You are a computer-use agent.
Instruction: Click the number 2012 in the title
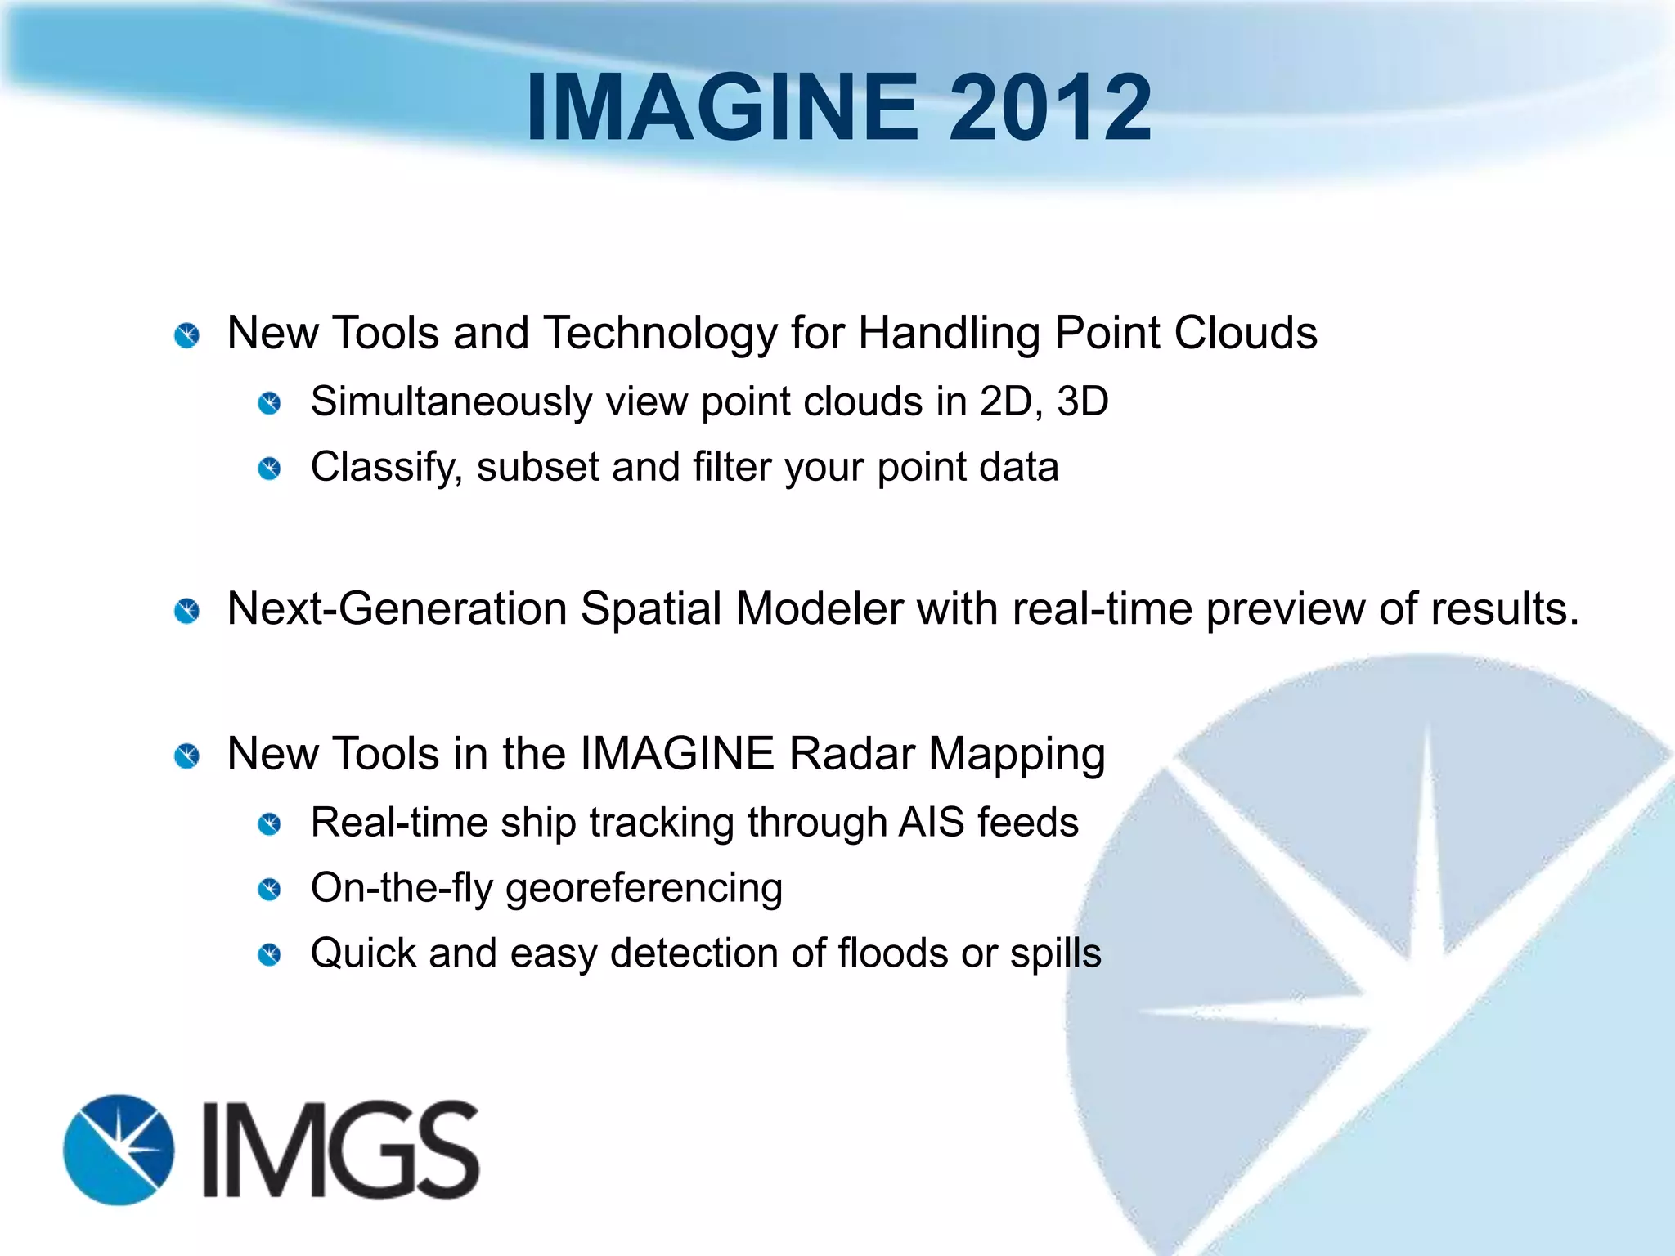(1050, 107)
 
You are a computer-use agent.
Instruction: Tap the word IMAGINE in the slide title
(723, 107)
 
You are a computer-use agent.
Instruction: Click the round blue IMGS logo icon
(119, 1150)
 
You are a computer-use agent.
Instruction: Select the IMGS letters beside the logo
(340, 1150)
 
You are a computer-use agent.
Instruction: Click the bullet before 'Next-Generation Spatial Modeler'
(187, 611)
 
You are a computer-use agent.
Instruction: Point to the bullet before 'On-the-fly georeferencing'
(269, 889)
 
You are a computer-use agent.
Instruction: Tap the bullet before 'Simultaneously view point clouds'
(269, 403)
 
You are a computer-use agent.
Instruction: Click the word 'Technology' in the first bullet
(660, 334)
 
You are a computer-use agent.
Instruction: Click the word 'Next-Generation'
(397, 609)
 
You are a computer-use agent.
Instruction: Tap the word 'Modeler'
(820, 609)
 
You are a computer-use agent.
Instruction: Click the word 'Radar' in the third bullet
(851, 753)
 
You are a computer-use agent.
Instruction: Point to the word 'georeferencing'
(644, 889)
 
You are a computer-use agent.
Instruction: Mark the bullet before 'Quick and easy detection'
(269, 954)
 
